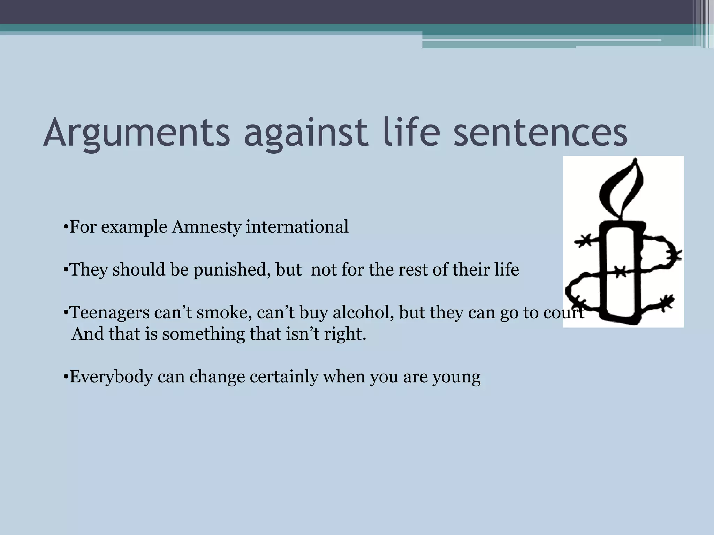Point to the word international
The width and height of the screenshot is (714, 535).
[297, 227]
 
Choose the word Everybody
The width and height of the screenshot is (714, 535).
[111, 377]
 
